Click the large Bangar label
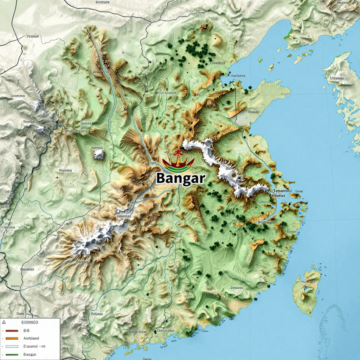click(x=180, y=178)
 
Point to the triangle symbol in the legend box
click(x=5, y=322)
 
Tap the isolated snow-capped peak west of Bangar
click(x=99, y=154)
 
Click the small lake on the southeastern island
click(x=309, y=290)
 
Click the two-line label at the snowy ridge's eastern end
click(x=282, y=193)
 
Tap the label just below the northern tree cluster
click(x=217, y=63)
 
